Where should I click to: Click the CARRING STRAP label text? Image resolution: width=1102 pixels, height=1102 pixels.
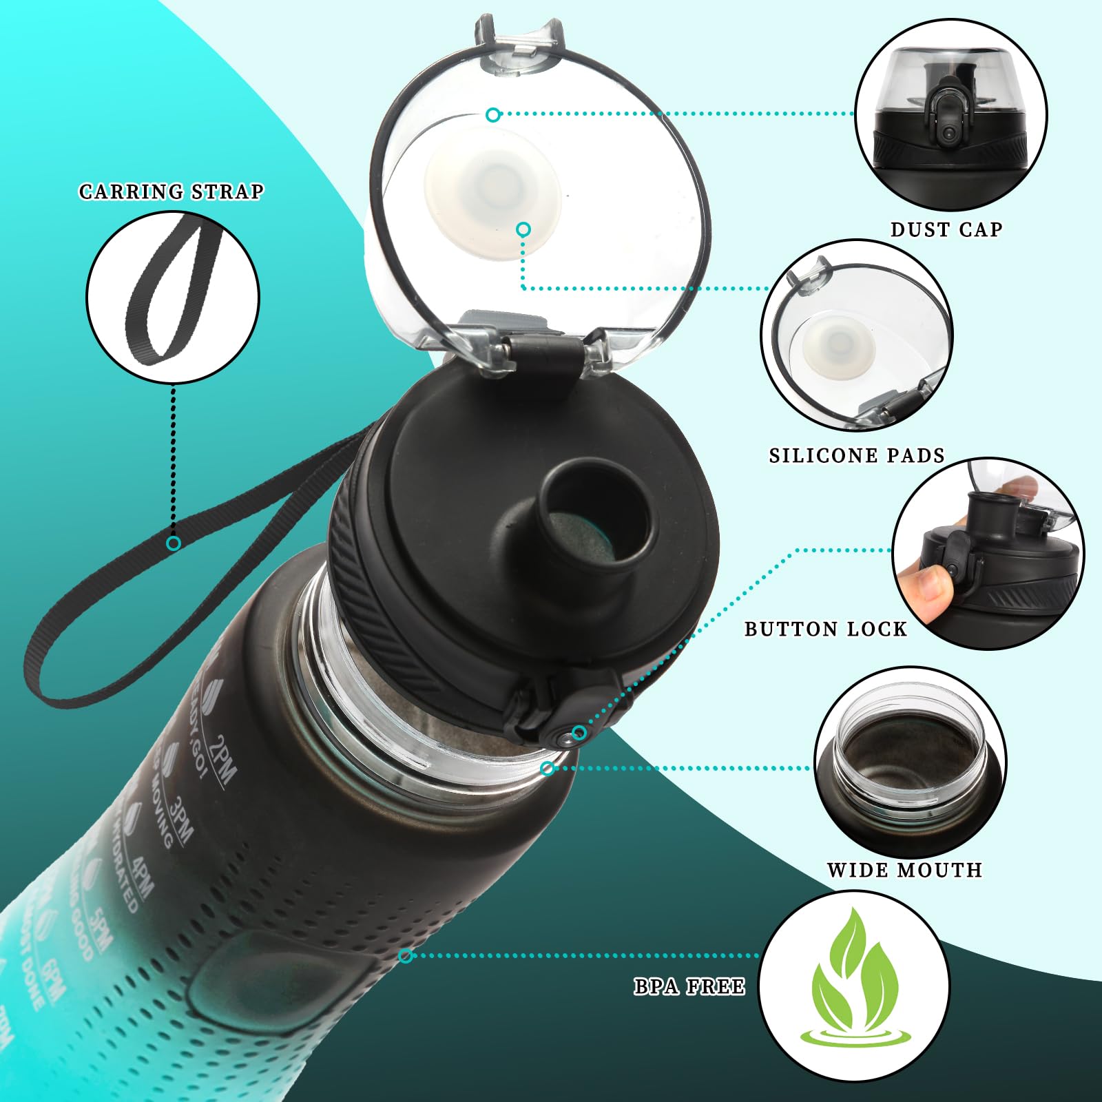(x=171, y=191)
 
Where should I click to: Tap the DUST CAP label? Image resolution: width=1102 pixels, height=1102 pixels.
(x=946, y=229)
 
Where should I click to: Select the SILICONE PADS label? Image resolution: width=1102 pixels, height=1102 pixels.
(x=856, y=455)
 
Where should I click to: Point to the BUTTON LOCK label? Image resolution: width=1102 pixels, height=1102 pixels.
(x=825, y=629)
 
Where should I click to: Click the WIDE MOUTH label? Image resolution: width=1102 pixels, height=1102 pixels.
(x=904, y=870)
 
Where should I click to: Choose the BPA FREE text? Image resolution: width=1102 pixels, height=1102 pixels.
(x=689, y=987)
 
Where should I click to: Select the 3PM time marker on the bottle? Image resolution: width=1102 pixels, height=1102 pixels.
(x=181, y=820)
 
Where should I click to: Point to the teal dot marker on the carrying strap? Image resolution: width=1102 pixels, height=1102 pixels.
(x=174, y=543)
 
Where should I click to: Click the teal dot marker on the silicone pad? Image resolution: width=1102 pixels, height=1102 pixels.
(x=523, y=229)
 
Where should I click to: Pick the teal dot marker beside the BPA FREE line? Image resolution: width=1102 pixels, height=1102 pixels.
(x=406, y=955)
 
